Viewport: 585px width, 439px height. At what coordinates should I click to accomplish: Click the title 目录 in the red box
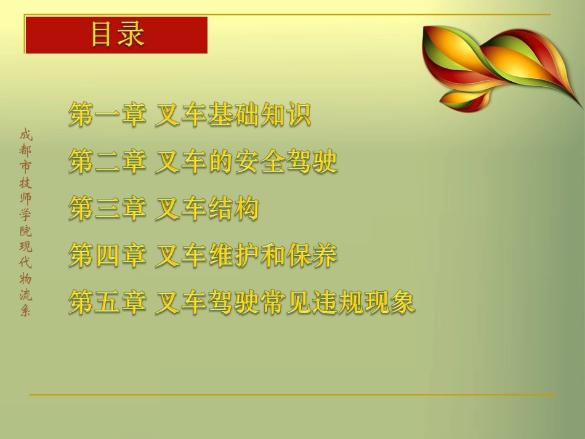117,34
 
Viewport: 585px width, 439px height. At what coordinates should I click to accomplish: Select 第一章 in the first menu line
107,115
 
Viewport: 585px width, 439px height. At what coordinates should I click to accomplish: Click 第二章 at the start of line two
107,163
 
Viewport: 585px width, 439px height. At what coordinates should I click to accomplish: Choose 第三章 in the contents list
107,209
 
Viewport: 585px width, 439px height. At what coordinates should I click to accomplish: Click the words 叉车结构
206,209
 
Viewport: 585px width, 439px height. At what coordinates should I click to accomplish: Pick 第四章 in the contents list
107,256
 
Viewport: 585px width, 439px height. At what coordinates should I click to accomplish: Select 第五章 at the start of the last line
107,303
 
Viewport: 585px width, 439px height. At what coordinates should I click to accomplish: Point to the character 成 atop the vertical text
25,134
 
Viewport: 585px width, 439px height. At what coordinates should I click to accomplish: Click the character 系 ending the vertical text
25,311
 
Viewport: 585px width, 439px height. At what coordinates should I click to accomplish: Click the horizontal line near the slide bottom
292,395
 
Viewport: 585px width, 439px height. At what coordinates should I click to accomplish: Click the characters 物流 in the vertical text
25,287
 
